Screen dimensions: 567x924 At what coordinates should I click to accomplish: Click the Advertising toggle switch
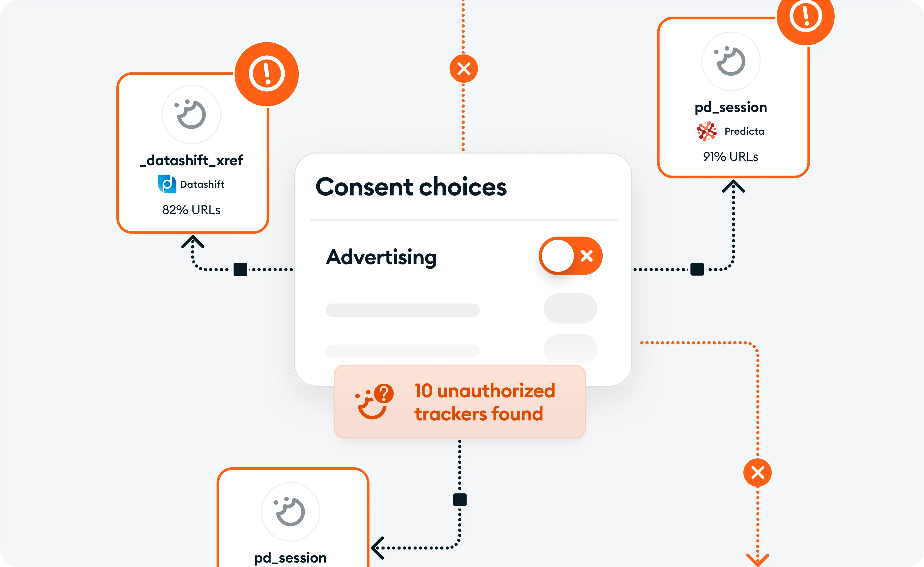click(570, 256)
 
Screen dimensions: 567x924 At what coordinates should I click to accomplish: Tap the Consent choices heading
click(411, 187)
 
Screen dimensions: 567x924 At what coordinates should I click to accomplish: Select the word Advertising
click(381, 257)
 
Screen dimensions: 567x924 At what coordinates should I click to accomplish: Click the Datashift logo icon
click(167, 184)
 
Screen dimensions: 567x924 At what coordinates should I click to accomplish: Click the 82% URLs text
click(191, 210)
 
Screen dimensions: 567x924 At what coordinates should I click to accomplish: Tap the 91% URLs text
click(731, 156)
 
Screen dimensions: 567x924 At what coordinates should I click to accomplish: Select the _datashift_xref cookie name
click(191, 160)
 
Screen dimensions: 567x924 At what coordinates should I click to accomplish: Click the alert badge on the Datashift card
click(267, 74)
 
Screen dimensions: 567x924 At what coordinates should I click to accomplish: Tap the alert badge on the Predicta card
click(806, 17)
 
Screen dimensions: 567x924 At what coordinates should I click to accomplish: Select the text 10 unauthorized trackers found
click(484, 402)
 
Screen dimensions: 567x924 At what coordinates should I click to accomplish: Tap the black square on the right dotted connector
click(697, 269)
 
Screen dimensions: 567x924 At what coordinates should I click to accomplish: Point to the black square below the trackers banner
click(460, 500)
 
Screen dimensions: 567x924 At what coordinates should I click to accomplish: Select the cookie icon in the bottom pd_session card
click(290, 512)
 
